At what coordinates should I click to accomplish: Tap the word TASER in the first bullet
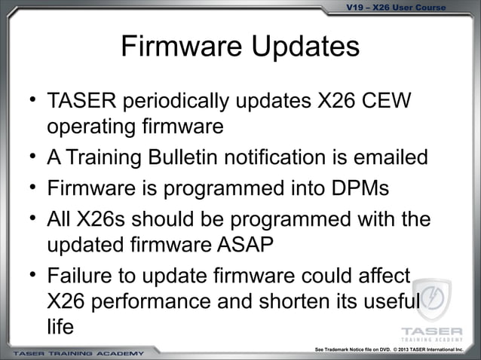point(79,101)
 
